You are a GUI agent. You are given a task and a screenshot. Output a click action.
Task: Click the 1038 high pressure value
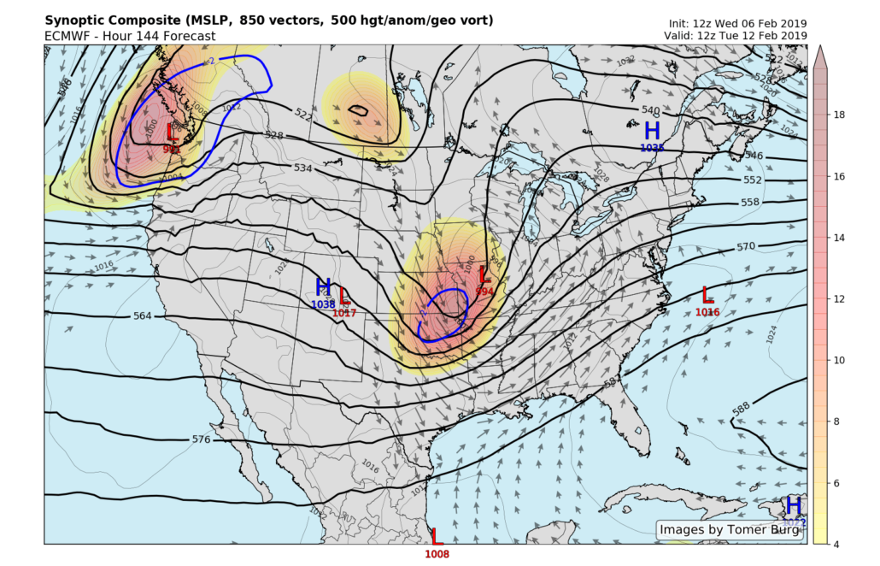(324, 304)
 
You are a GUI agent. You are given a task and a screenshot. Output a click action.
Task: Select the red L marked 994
(484, 275)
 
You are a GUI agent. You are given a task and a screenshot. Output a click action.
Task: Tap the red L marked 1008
(437, 538)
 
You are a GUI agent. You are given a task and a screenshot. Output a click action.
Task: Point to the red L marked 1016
(707, 295)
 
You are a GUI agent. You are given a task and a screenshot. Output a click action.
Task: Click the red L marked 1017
(344, 297)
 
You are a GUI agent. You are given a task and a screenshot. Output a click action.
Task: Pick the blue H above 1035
(652, 131)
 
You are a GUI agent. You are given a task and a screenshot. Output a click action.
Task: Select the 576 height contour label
(201, 439)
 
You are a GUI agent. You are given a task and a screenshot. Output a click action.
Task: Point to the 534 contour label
(302, 168)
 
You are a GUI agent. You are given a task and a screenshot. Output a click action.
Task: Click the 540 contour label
(651, 110)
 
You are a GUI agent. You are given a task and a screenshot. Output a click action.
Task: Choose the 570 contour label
(747, 247)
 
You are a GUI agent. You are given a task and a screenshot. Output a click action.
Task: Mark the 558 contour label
(750, 203)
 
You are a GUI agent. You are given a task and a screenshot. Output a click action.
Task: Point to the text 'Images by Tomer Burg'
(730, 530)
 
